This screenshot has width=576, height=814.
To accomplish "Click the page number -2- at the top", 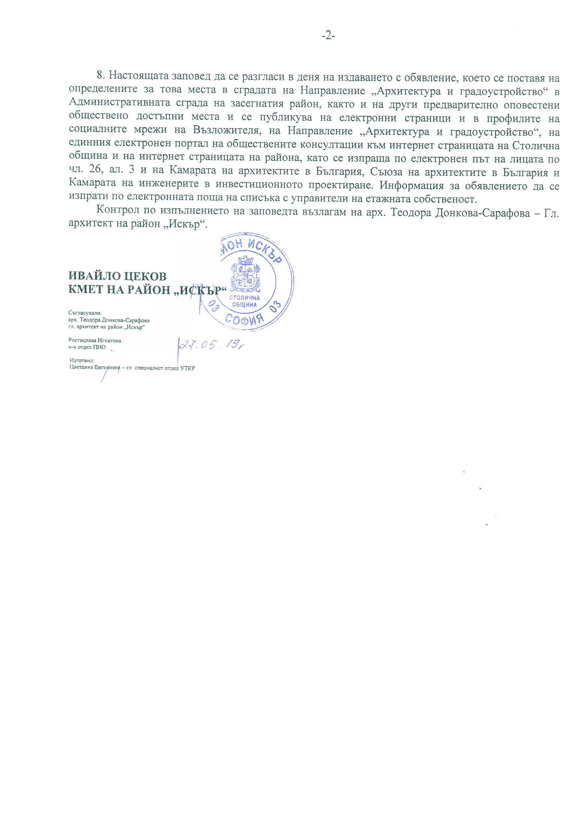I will [x=328, y=36].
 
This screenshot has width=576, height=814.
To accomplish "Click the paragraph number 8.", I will [x=101, y=76].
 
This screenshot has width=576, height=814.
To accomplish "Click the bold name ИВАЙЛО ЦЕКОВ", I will [x=118, y=276].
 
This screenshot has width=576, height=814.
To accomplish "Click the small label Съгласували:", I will [x=85, y=312].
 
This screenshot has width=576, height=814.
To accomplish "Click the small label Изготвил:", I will [x=82, y=360].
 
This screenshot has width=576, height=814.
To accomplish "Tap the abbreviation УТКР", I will [x=187, y=368].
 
